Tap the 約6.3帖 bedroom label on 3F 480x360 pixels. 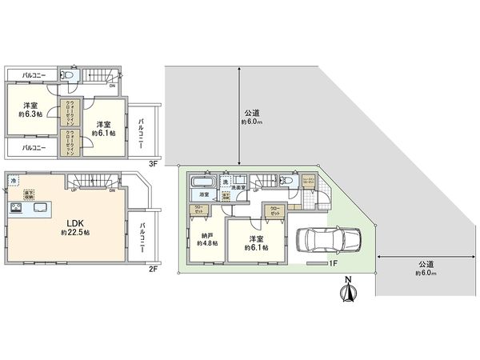[31, 110]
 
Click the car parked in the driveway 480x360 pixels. [328, 238]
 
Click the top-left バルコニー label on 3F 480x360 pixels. [34, 75]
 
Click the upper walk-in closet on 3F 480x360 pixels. [70, 113]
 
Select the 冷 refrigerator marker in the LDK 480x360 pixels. [14, 182]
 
